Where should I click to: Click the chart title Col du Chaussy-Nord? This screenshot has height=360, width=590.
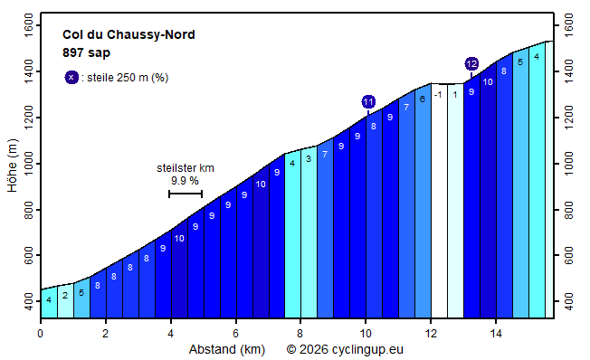[x=128, y=35]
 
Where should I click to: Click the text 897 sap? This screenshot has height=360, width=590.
[x=86, y=52]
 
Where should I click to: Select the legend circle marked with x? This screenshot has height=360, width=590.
[x=71, y=78]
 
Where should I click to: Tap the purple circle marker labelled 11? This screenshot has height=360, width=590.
[x=368, y=101]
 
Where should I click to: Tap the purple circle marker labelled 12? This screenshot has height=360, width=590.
[x=471, y=63]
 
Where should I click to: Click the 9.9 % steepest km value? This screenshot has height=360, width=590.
[x=185, y=181]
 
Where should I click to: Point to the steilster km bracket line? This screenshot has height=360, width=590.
[x=185, y=194]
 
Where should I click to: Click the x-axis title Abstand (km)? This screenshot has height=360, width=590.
[x=226, y=349]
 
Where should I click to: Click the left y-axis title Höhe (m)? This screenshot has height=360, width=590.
[x=11, y=166]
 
